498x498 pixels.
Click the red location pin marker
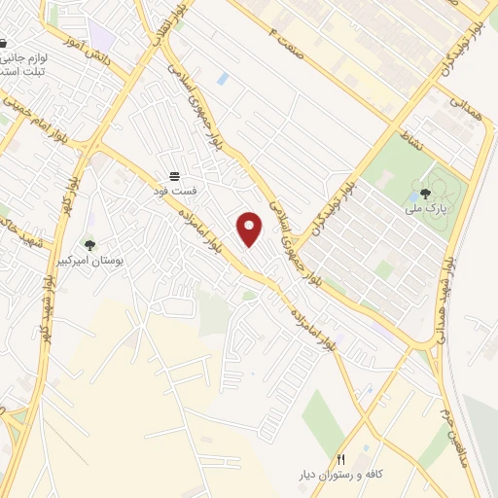pos(250,229)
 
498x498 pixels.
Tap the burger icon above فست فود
pos(173,176)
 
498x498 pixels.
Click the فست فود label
pos(173,191)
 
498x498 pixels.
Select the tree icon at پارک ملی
pos(425,193)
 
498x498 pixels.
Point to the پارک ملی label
pos(425,208)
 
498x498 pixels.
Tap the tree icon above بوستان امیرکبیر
pos(89,245)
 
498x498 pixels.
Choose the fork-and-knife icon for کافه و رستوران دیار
pos(340,459)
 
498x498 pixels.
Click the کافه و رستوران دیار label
pos(341,475)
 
